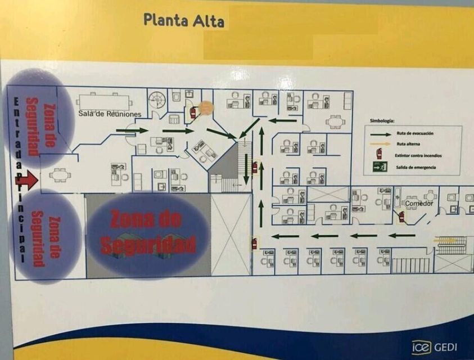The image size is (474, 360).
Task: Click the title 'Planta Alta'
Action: click(x=183, y=20)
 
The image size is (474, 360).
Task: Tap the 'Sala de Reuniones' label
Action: click(x=110, y=114)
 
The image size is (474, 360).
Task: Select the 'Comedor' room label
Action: click(x=419, y=203)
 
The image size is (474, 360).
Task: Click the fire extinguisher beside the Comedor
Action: click(x=401, y=217)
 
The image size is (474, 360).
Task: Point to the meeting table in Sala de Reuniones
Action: click(x=103, y=102)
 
